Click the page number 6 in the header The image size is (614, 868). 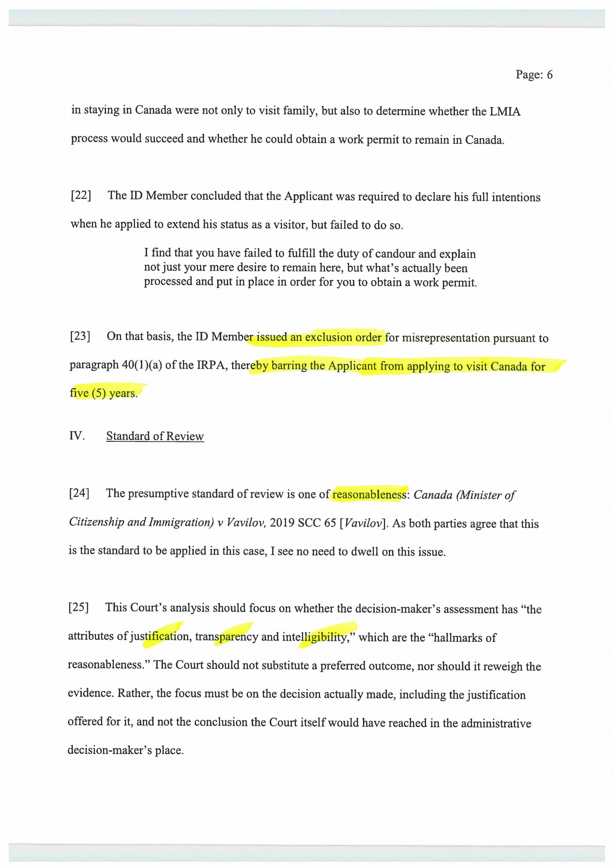(549, 75)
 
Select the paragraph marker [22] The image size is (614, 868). (81, 196)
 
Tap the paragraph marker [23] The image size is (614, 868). (80, 336)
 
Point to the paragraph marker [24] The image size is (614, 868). (79, 493)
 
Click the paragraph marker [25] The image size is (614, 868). (79, 607)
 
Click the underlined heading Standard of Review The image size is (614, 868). (155, 436)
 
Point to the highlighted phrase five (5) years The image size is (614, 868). (103, 393)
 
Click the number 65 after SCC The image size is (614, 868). (330, 523)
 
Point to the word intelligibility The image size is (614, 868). (315, 637)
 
